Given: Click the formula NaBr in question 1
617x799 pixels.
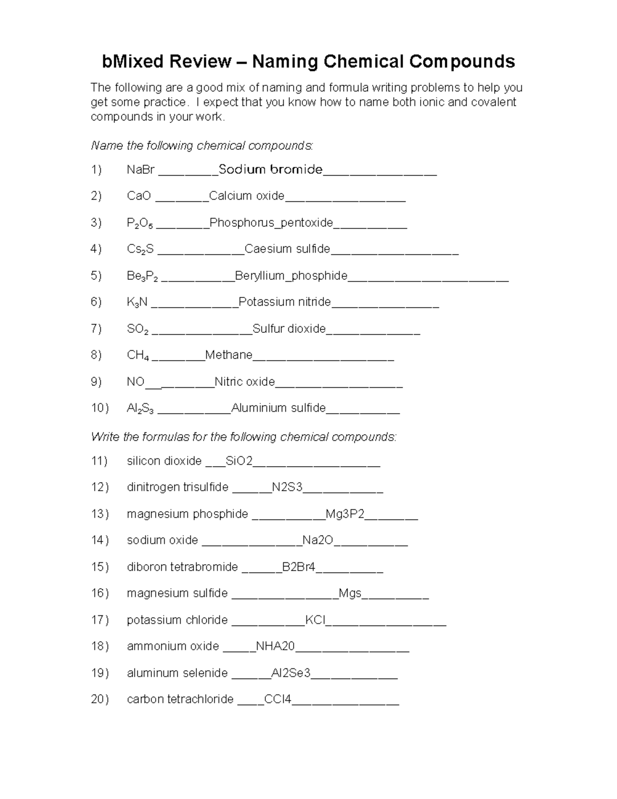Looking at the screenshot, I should tap(140, 169).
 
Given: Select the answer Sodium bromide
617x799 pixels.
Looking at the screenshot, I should tap(270, 169).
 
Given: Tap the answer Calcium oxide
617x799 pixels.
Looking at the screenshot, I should tap(247, 196).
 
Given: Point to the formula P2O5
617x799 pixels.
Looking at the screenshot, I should tap(139, 223).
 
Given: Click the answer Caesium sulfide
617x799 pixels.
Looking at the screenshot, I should tap(287, 249).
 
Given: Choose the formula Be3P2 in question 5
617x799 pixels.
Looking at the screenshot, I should tap(142, 276).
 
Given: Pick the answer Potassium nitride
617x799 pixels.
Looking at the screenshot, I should tap(285, 302).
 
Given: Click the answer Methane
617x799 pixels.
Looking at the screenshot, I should tap(229, 355).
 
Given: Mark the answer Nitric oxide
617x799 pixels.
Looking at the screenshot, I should tap(245, 382).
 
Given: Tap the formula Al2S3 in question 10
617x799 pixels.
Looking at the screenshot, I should tap(140, 409).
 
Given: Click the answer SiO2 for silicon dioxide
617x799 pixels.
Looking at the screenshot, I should tap(239, 461).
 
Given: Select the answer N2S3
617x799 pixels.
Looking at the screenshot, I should tap(287, 487).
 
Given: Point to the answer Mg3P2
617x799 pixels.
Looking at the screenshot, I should tap(345, 514).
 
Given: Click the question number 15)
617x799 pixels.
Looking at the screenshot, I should tap(100, 567).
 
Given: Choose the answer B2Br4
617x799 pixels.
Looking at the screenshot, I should tap(299, 567).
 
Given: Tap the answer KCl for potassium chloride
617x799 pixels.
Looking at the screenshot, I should tap(315, 620).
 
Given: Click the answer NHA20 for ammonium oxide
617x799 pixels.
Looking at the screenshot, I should tap(275, 646).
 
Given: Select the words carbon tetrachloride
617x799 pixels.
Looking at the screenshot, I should tap(180, 699).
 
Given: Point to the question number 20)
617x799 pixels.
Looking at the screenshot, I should tap(100, 699).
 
